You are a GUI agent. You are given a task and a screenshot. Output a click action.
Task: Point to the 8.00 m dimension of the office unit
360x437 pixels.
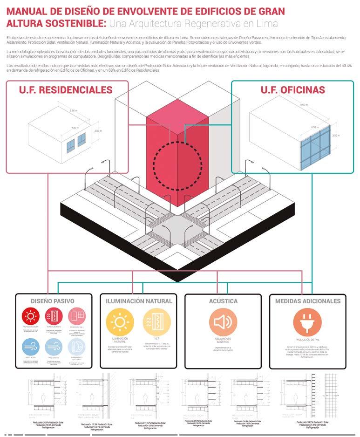pos(304,105)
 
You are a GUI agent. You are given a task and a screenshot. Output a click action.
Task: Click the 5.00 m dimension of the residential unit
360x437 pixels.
pos(73,111)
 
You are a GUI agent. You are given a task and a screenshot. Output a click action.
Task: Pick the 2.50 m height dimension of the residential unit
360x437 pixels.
pos(98,132)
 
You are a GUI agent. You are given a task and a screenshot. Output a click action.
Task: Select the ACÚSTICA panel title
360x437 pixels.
pos(223,301)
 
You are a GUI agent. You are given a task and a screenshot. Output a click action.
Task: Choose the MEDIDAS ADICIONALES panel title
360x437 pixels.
pos(308,301)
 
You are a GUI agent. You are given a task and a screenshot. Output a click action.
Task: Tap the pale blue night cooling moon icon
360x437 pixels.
pos(77,348)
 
